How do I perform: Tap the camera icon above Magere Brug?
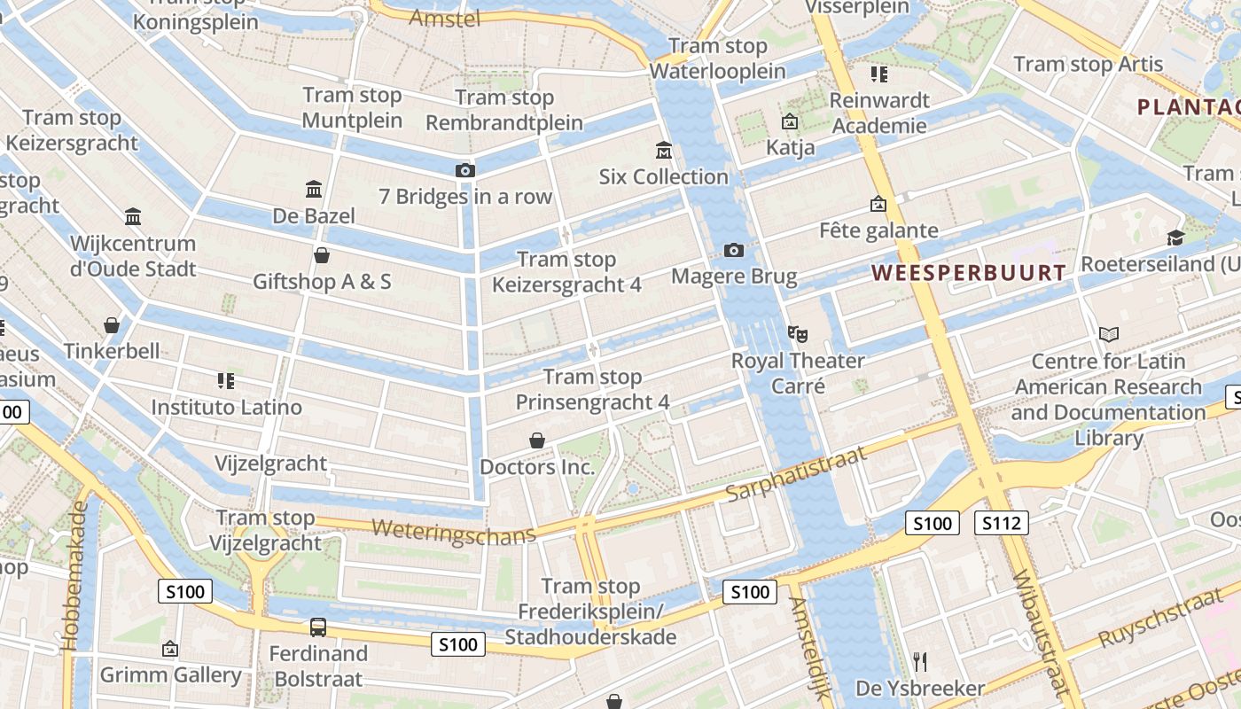pos(733,250)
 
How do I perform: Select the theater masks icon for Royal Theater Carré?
pos(798,334)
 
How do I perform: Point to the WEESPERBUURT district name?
pos(969,273)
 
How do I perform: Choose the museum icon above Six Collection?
pos(663,150)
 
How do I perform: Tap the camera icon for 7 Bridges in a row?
pos(465,170)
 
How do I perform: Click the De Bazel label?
pos(314,215)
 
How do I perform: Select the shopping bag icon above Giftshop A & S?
pos(322,255)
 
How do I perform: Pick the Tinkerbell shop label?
pos(112,351)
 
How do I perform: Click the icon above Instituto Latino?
pos(226,381)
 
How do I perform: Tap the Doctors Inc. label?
pos(537,467)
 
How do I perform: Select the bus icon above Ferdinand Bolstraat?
pos(318,627)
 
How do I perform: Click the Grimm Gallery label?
pos(170,675)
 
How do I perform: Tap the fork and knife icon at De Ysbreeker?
pos(920,662)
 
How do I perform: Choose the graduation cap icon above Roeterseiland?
pos(1175,238)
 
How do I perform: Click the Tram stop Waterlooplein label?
pos(718,58)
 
